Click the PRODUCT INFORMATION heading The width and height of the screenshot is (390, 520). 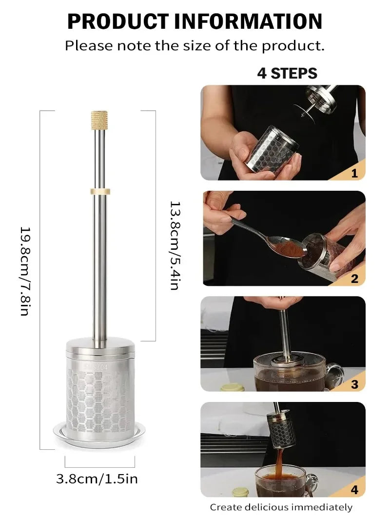[x=195, y=21]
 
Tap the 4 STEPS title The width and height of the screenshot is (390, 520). [x=287, y=73]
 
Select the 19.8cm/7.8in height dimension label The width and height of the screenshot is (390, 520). [x=25, y=271]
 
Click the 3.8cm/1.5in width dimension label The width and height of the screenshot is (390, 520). [x=97, y=479]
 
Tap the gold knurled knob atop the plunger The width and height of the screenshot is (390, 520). [x=99, y=120]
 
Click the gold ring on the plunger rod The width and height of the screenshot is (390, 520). [x=100, y=191]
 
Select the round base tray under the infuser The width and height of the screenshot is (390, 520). [x=99, y=431]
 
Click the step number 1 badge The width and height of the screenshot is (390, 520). [x=354, y=173]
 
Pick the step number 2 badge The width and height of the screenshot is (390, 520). [x=354, y=279]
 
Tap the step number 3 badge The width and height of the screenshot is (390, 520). [x=354, y=384]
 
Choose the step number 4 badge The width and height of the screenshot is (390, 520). [x=354, y=489]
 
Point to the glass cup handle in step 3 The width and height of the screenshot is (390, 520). [x=335, y=375]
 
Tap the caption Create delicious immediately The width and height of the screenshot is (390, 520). [x=281, y=507]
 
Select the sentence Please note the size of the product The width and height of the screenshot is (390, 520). [x=195, y=46]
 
